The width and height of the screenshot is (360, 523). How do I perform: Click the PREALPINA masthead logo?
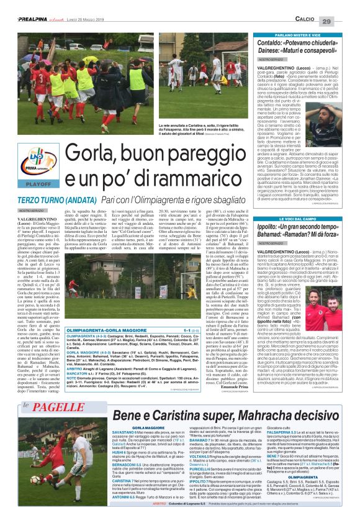click(x=25, y=5)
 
